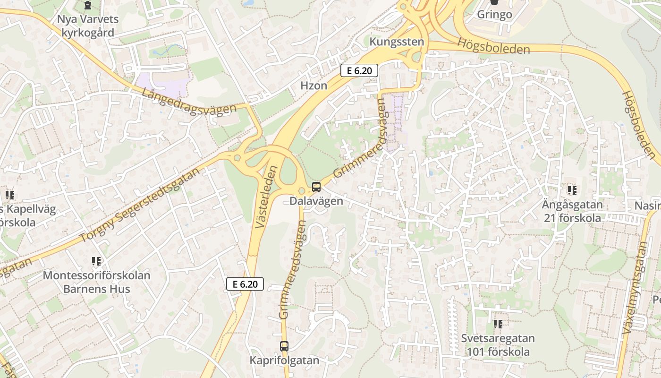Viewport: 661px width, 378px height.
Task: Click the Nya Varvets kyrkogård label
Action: [x=87, y=26]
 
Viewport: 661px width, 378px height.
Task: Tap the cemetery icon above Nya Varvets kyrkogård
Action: [x=87, y=6]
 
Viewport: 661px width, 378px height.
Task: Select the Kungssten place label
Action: [x=397, y=42]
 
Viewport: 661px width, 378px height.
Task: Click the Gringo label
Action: [x=494, y=14]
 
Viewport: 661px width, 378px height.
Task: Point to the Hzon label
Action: [x=314, y=86]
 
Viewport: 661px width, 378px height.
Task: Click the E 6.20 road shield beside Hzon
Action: [x=359, y=71]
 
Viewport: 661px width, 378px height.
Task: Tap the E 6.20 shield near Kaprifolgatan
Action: [x=245, y=284]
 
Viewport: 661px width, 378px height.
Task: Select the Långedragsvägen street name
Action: [x=188, y=100]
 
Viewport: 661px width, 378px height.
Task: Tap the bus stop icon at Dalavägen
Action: [x=316, y=187]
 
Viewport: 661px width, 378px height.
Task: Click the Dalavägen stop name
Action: [x=316, y=201]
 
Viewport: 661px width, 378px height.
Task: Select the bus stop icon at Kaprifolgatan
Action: [x=284, y=346]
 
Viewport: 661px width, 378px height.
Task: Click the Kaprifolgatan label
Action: [x=284, y=360]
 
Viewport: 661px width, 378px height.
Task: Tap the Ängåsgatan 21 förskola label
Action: [x=572, y=211]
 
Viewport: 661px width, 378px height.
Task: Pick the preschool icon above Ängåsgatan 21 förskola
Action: [x=572, y=190]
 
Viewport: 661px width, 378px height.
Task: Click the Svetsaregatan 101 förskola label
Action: [x=498, y=345]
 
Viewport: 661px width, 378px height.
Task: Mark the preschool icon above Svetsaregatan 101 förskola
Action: [x=498, y=324]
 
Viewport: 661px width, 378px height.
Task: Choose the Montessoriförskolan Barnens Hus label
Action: [x=96, y=282]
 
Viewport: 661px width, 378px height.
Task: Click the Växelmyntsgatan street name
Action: [x=636, y=288]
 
